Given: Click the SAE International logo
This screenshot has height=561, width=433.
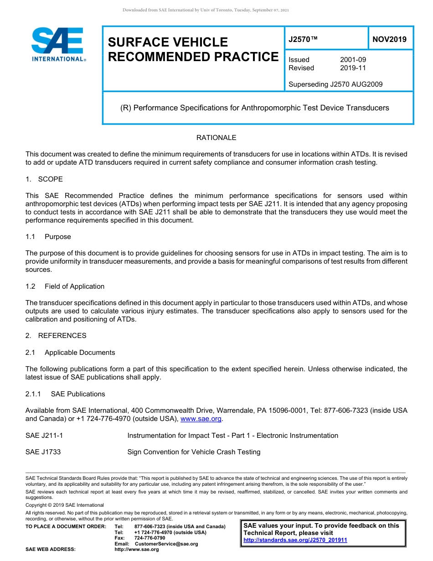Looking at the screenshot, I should click(x=58, y=44).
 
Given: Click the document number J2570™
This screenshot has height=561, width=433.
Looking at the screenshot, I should click(x=303, y=40).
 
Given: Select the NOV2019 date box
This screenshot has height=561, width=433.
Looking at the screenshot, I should click(x=389, y=40).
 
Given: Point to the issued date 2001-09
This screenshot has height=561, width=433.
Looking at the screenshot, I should click(x=353, y=60).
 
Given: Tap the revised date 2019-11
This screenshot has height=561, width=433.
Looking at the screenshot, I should click(x=353, y=68).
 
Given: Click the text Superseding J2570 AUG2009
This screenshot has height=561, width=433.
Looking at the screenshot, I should click(x=335, y=84).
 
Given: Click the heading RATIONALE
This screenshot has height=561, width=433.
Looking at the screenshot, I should click(x=216, y=138).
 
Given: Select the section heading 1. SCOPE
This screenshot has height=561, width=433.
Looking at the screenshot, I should click(x=44, y=179).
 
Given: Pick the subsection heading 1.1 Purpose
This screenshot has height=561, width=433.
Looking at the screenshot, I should click(x=48, y=237).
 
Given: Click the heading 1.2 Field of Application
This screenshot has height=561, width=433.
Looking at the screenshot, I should click(x=65, y=286).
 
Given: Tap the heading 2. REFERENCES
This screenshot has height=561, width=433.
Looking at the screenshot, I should click(x=56, y=336).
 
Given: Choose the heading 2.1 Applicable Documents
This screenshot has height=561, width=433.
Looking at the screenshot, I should click(x=70, y=353).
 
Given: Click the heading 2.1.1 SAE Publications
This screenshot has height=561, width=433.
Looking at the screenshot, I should click(x=65, y=394).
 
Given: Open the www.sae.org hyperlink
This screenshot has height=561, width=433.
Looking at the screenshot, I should click(x=201, y=419).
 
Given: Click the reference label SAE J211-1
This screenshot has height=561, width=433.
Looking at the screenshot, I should click(x=44, y=436).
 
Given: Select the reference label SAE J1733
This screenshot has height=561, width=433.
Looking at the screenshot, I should click(x=43, y=452).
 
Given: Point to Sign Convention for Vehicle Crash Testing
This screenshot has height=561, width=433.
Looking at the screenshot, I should click(x=194, y=452).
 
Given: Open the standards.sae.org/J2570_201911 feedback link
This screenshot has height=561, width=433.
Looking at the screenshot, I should click(x=295, y=540).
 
